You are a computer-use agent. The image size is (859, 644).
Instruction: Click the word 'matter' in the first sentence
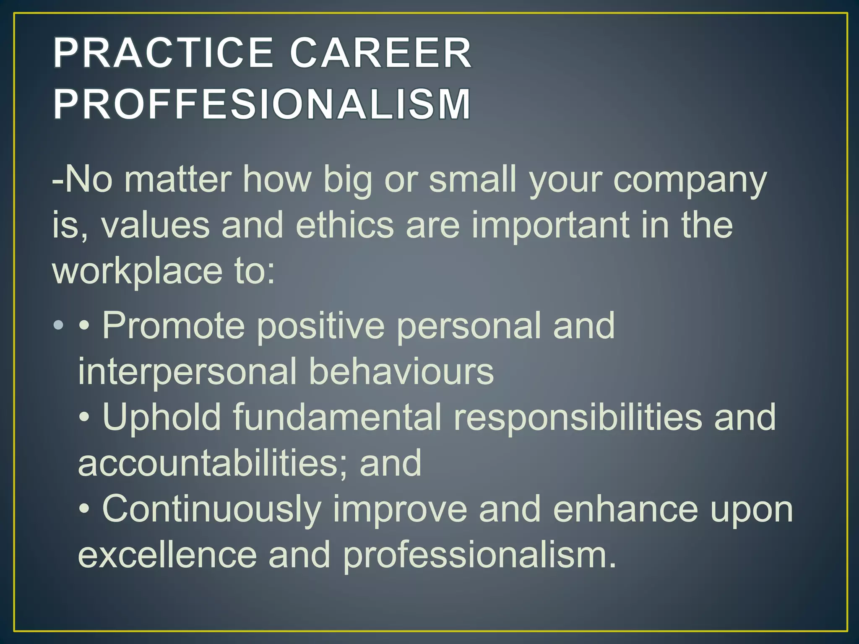click(178, 179)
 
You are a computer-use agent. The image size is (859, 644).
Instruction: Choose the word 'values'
click(155, 225)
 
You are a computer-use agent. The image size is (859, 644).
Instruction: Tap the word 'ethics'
click(345, 225)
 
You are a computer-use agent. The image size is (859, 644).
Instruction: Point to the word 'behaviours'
click(401, 371)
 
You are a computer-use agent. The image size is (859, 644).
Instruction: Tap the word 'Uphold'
click(162, 417)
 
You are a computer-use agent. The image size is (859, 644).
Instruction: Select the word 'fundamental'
click(337, 417)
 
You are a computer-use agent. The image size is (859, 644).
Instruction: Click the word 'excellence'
click(167, 554)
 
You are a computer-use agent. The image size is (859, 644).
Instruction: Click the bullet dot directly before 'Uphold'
click(84, 418)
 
